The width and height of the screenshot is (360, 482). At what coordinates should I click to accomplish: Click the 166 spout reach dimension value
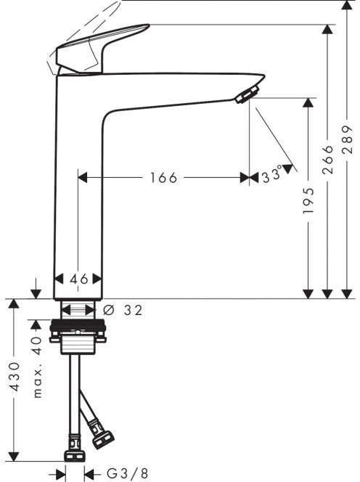pos(163,178)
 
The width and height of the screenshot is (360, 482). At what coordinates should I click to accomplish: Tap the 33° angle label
pos(272,174)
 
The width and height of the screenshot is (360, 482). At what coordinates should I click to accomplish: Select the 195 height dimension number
pos(308,201)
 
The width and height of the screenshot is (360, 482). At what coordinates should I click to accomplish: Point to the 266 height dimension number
pos(328,159)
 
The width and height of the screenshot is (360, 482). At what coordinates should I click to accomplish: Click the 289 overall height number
pos(347,139)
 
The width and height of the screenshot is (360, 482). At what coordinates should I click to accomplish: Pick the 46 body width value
pos(79,279)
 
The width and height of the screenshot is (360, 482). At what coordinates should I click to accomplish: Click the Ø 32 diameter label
pos(123,310)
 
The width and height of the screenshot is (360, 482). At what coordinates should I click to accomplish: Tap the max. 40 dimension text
pos(37,367)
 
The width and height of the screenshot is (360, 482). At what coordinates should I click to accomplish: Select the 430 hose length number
pos(14,377)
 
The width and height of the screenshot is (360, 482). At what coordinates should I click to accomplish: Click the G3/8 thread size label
pos(127,473)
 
